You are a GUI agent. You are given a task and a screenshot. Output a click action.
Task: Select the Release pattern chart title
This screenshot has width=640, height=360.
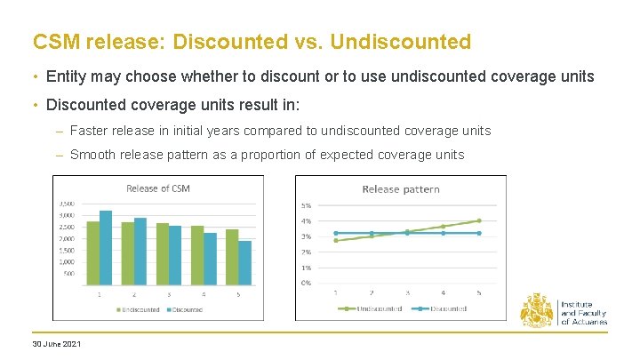pos(401,189)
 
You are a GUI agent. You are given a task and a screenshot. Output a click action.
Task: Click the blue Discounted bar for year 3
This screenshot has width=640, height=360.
pos(175,255)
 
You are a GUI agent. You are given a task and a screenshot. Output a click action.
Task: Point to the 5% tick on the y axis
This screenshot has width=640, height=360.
pos(306,205)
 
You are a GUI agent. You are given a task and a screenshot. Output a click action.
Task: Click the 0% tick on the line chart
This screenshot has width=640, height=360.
pos(306,283)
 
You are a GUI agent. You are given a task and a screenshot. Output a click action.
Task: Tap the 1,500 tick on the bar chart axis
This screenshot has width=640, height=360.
pos(68,250)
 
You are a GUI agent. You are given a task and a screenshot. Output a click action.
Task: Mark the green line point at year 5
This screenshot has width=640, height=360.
pos(479,220)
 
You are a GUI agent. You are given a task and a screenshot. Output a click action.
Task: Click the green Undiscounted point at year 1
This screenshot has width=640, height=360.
pos(335,240)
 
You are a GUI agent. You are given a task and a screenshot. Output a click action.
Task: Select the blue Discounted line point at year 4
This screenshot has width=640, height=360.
pos(444,233)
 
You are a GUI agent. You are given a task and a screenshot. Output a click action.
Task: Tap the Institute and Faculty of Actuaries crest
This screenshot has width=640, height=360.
pos(536,310)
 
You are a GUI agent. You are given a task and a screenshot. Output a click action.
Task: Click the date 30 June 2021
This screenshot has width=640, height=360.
pos(57,344)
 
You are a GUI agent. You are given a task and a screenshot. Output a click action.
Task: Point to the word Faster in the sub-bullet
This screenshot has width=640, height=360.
pos(89,131)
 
